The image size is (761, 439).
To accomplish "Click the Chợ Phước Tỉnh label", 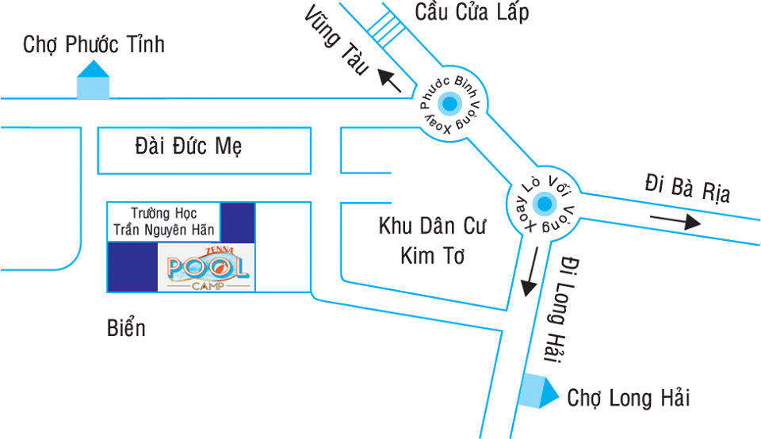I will click(94, 44).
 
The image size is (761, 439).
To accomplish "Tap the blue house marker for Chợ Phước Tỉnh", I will click(93, 81).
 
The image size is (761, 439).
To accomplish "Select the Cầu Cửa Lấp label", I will click(471, 13).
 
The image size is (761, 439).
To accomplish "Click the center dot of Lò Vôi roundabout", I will click(544, 205).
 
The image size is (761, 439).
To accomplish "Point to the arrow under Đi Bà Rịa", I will click(675, 221).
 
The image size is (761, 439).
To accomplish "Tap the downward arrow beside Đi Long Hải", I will click(530, 273).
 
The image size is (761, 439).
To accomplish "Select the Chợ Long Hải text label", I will click(629, 398).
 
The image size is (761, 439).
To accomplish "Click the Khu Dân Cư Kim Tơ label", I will click(432, 241).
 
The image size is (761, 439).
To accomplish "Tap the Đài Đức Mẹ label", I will click(189, 147).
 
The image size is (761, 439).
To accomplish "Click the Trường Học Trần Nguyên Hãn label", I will click(164, 221).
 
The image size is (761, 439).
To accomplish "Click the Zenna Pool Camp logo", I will click(207, 267).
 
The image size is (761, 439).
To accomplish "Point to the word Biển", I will click(126, 327).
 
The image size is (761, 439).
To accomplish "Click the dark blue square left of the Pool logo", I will click(132, 267).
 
